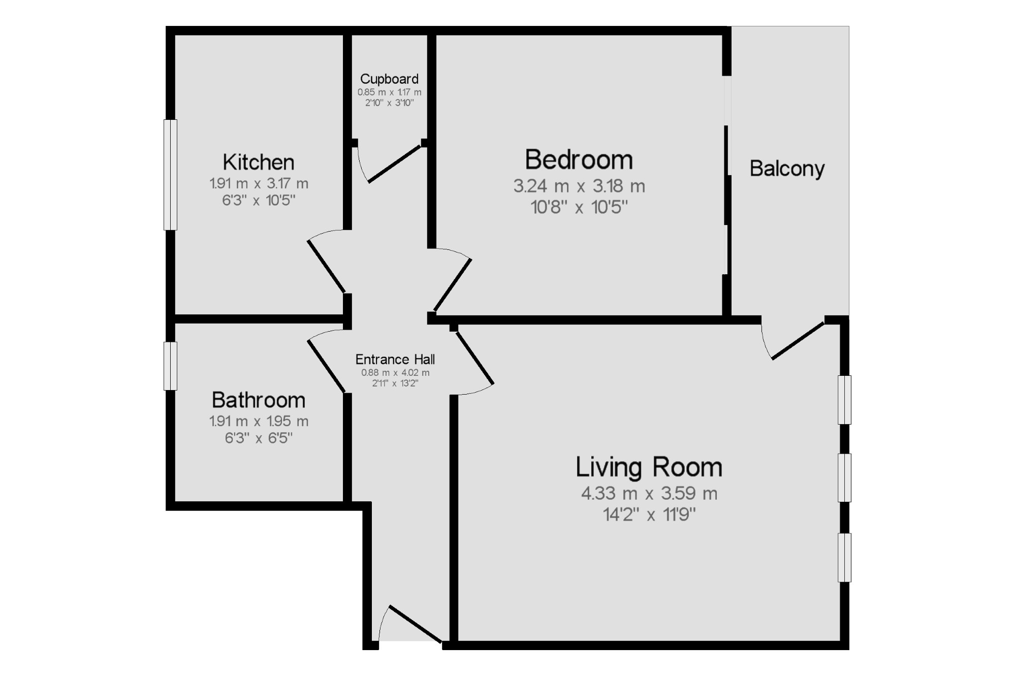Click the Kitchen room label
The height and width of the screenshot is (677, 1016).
(258, 163)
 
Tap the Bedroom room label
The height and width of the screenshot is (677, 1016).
(579, 160)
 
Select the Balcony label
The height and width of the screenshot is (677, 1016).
(787, 169)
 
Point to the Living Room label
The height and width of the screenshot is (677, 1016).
(649, 467)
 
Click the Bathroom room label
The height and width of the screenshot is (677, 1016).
(258, 400)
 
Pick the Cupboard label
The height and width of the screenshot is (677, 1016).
(389, 79)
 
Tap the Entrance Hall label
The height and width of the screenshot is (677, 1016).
(395, 360)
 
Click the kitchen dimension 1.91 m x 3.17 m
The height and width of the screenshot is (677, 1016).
(259, 183)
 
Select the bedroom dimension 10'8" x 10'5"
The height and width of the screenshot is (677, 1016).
(579, 207)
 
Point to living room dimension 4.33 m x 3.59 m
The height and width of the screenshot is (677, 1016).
(649, 493)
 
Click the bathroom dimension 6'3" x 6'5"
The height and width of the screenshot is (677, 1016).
(259, 438)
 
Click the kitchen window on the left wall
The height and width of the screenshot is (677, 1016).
(170, 175)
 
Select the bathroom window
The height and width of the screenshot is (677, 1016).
(170, 366)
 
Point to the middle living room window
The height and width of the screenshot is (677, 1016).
(844, 478)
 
